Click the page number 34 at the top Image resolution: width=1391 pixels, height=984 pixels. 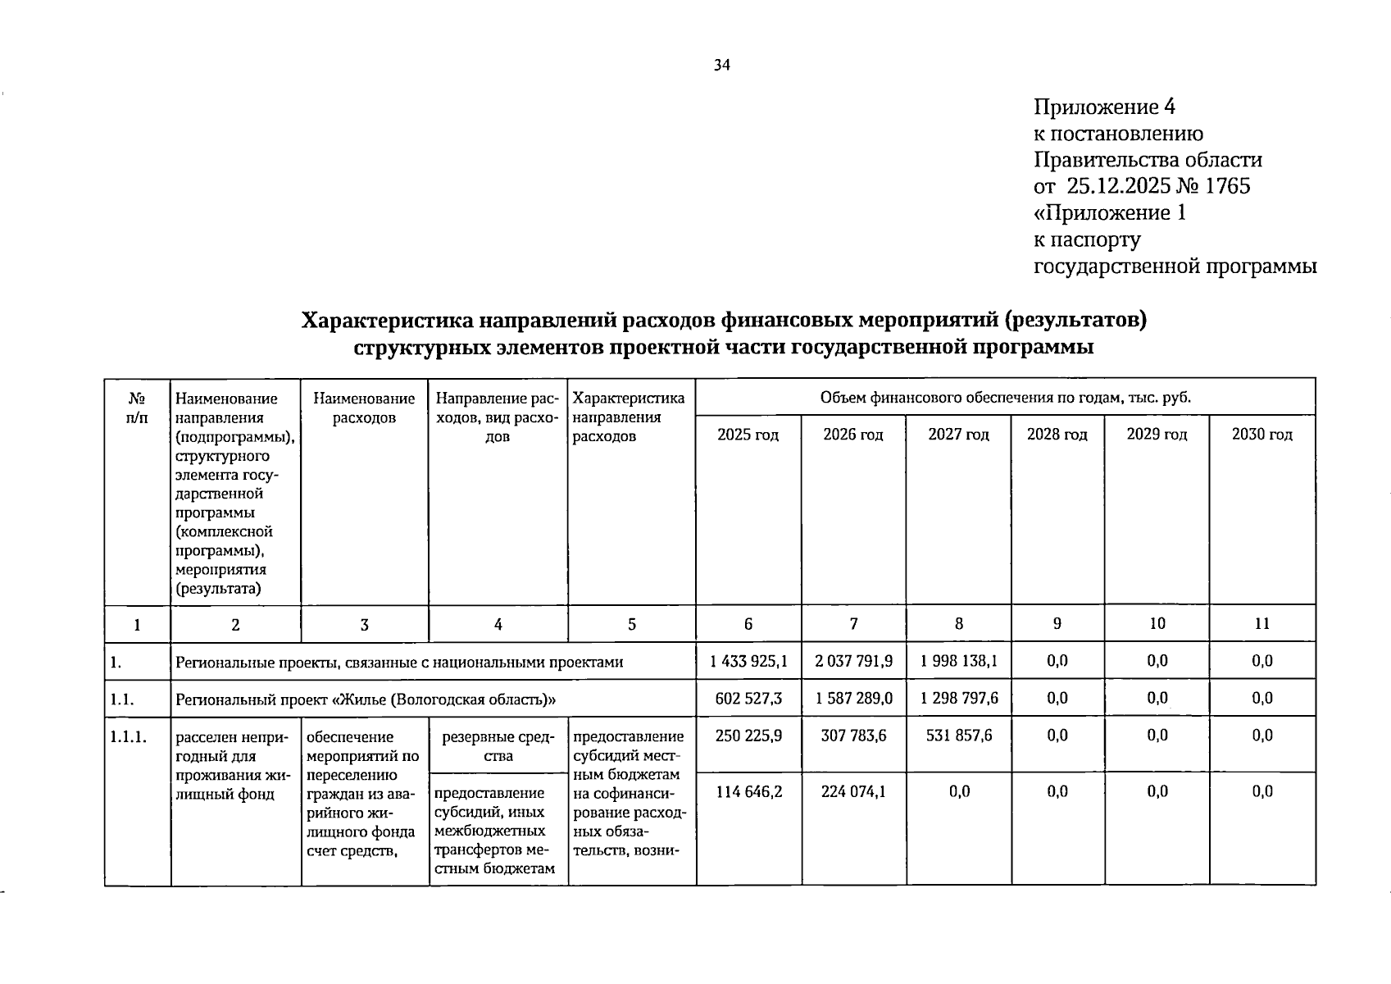tap(721, 66)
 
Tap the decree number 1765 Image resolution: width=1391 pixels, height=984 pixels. tap(1227, 186)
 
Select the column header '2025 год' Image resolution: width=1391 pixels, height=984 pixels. tap(748, 435)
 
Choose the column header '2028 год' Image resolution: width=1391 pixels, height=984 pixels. tap(1057, 435)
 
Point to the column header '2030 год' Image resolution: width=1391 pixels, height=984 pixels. tap(1261, 435)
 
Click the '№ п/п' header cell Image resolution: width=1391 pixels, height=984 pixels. tap(137, 408)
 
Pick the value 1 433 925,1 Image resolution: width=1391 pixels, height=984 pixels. tap(748, 661)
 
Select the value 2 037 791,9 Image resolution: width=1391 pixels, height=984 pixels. tap(853, 661)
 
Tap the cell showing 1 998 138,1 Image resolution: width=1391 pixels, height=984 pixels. tap(958, 661)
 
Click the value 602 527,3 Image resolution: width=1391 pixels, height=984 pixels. tap(748, 699)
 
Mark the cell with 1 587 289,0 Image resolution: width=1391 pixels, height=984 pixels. tap(853, 699)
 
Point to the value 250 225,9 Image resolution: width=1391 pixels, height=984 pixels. tap(748, 736)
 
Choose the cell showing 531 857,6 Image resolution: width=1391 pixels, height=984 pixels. tap(958, 736)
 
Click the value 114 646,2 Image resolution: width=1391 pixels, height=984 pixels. tap(748, 791)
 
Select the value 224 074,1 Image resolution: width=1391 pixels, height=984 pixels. tap(853, 791)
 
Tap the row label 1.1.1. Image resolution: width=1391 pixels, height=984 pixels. tap(128, 736)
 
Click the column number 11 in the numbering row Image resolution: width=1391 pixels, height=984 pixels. tap(1261, 624)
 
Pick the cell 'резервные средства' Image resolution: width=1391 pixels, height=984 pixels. tap(498, 745)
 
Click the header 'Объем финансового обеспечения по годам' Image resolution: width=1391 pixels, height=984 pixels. tap(1005, 398)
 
